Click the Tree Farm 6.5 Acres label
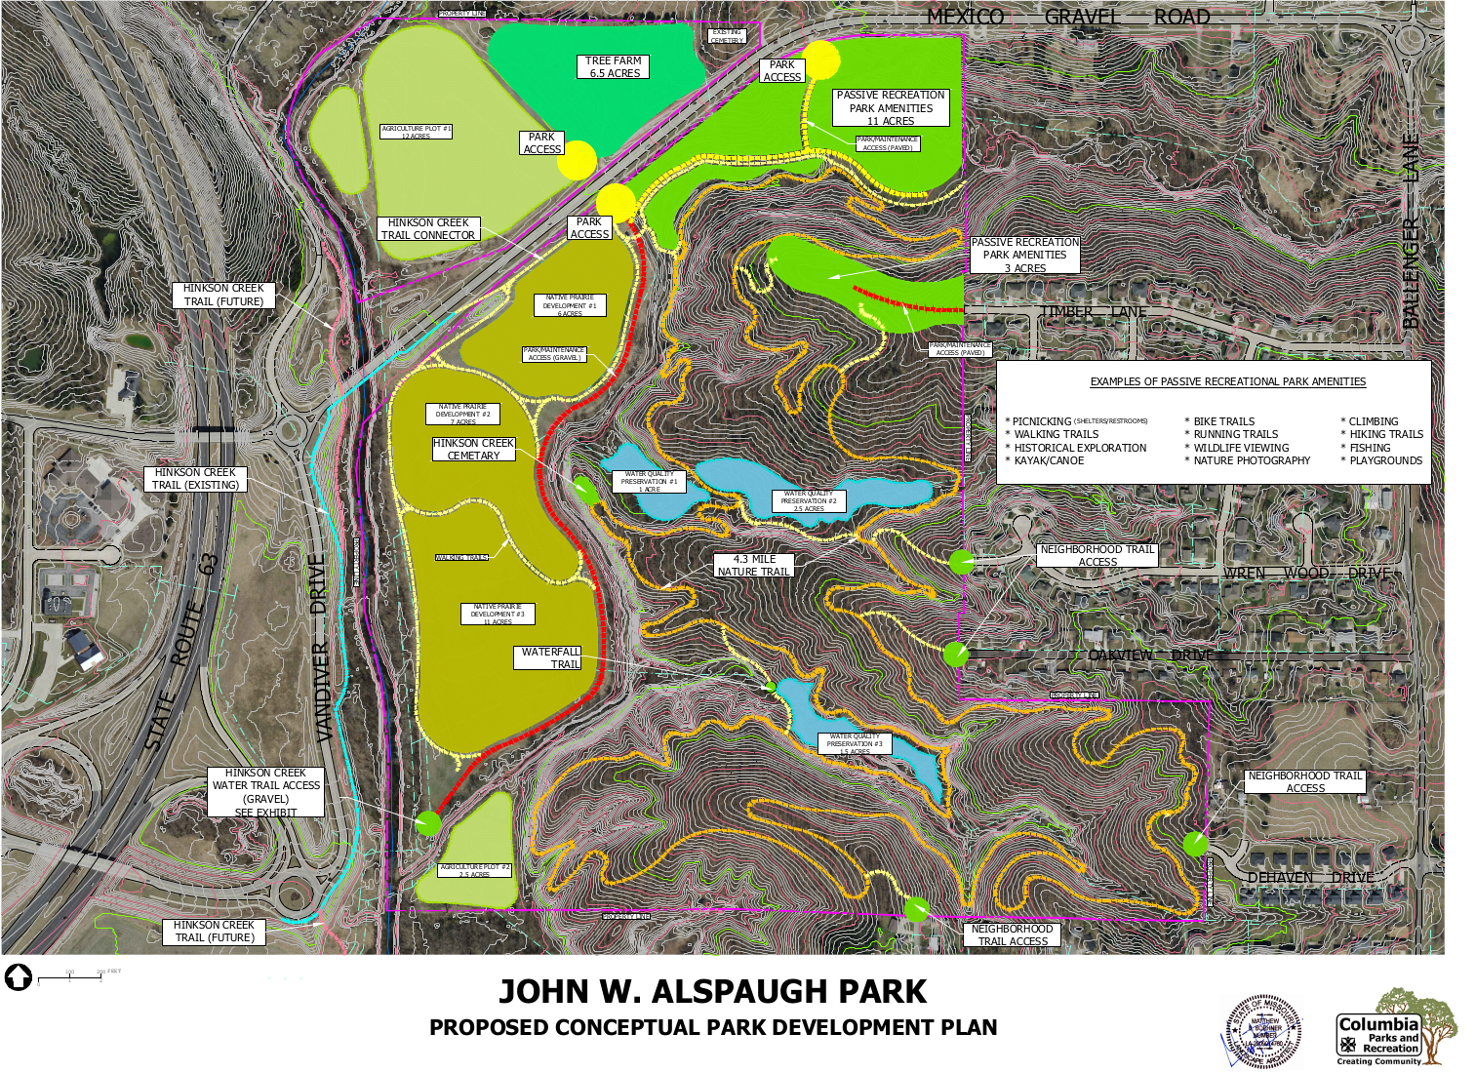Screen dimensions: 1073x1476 click(614, 66)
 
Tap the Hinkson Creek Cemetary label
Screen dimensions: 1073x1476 click(473, 449)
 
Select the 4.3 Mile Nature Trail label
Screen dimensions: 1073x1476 click(753, 566)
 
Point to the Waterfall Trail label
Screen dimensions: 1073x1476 click(549, 657)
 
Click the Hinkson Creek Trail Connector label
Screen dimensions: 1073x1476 click(428, 229)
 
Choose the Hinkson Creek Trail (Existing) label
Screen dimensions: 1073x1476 click(195, 479)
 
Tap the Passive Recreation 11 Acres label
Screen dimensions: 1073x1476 click(890, 107)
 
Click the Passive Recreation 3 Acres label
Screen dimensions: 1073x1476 click(1024, 255)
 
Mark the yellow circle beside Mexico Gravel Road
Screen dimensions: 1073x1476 click(821, 60)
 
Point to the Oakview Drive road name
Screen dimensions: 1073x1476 click(1150, 655)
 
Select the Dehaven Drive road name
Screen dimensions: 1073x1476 click(1310, 878)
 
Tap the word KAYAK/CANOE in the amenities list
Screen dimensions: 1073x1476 click(1049, 461)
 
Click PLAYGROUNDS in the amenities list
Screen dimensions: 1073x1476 click(1385, 461)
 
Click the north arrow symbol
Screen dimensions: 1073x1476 click(19, 976)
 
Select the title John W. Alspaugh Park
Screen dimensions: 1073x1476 click(712, 992)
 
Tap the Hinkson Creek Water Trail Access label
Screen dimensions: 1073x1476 click(265, 792)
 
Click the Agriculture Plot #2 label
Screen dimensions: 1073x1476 click(475, 870)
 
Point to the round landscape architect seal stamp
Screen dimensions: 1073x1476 click(1264, 1032)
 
